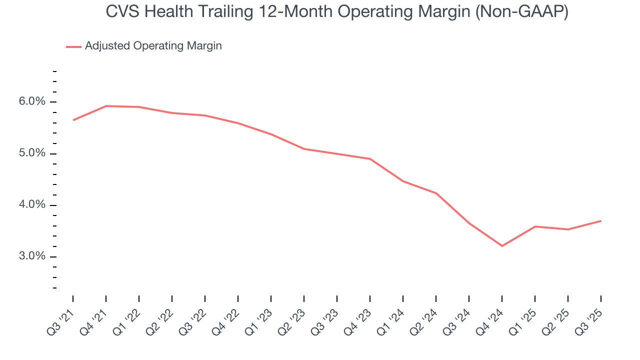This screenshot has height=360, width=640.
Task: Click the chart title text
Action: [337, 12]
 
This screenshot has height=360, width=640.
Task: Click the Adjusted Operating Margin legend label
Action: [153, 46]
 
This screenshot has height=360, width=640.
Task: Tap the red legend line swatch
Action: [73, 46]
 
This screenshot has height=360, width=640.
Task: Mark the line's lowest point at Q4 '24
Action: [502, 246]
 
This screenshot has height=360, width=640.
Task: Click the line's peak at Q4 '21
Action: [106, 106]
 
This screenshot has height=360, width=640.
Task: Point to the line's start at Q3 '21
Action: [73, 120]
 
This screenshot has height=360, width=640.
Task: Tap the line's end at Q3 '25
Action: [600, 221]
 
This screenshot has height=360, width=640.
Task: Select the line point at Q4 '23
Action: [370, 159]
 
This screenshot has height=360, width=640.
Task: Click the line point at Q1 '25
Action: [535, 226]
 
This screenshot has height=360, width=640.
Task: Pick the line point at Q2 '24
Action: [436, 193]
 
